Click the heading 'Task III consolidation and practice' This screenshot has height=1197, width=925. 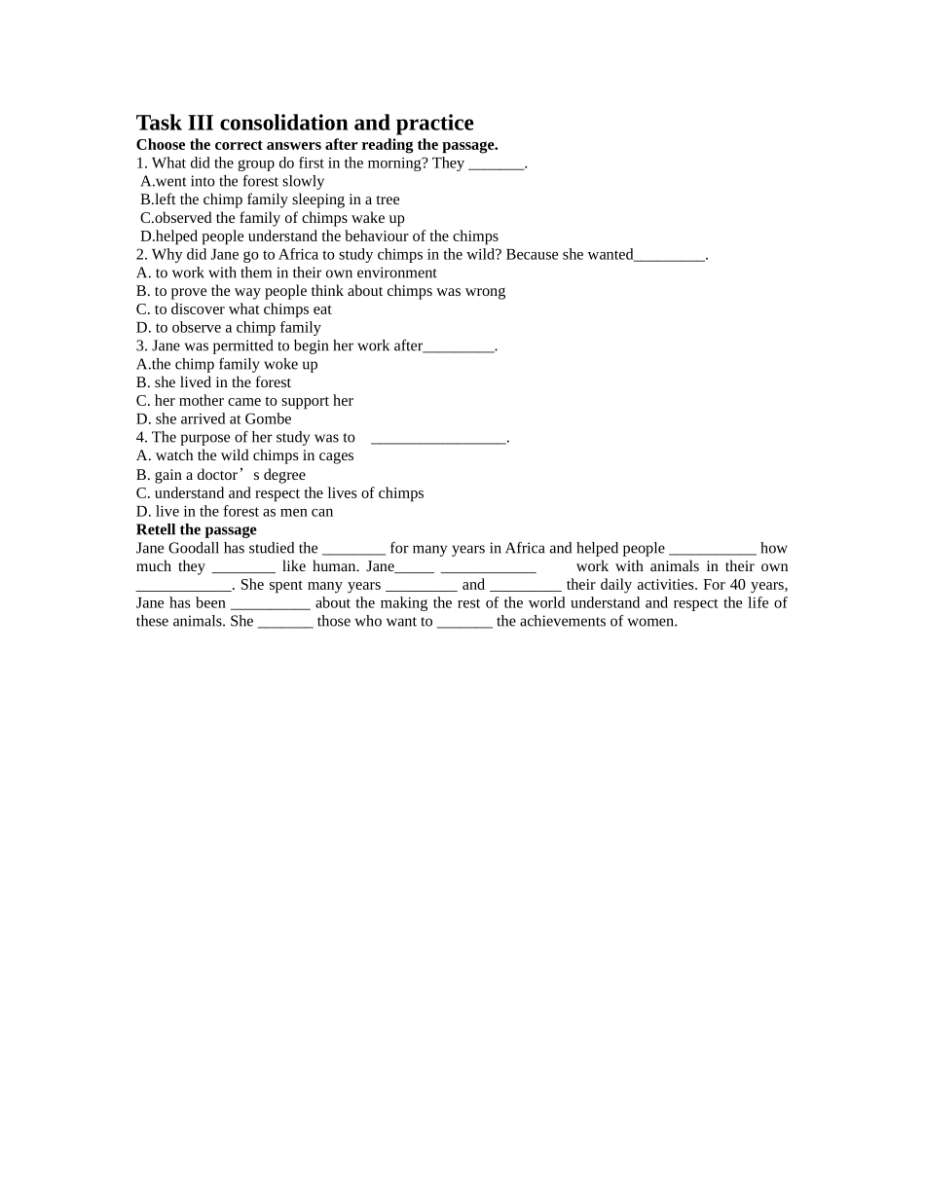pyautogui.click(x=305, y=123)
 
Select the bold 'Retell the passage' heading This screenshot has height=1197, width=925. pyautogui.click(x=196, y=529)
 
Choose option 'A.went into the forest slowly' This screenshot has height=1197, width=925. pyautogui.click(x=232, y=181)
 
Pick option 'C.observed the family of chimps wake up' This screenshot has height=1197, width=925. pyautogui.click(x=272, y=218)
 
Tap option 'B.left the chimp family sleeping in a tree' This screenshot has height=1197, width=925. pyautogui.click(x=270, y=199)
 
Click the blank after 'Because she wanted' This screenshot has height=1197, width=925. pyautogui.click(x=669, y=255)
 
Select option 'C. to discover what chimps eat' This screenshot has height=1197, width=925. pyautogui.click(x=234, y=309)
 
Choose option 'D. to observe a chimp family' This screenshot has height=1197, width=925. pyautogui.click(x=228, y=328)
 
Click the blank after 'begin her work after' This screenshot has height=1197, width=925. pyautogui.click(x=459, y=346)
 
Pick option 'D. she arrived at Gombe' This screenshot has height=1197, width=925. pyautogui.click(x=213, y=419)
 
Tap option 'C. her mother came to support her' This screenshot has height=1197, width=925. pyautogui.click(x=244, y=401)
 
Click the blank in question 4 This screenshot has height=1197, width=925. pyautogui.click(x=438, y=438)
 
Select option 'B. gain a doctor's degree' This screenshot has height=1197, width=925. pyautogui.click(x=220, y=475)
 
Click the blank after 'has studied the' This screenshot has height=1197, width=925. pyautogui.click(x=353, y=549)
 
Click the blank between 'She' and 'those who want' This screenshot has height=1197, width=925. pyautogui.click(x=285, y=622)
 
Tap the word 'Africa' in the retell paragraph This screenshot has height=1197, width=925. pyautogui.click(x=525, y=548)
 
